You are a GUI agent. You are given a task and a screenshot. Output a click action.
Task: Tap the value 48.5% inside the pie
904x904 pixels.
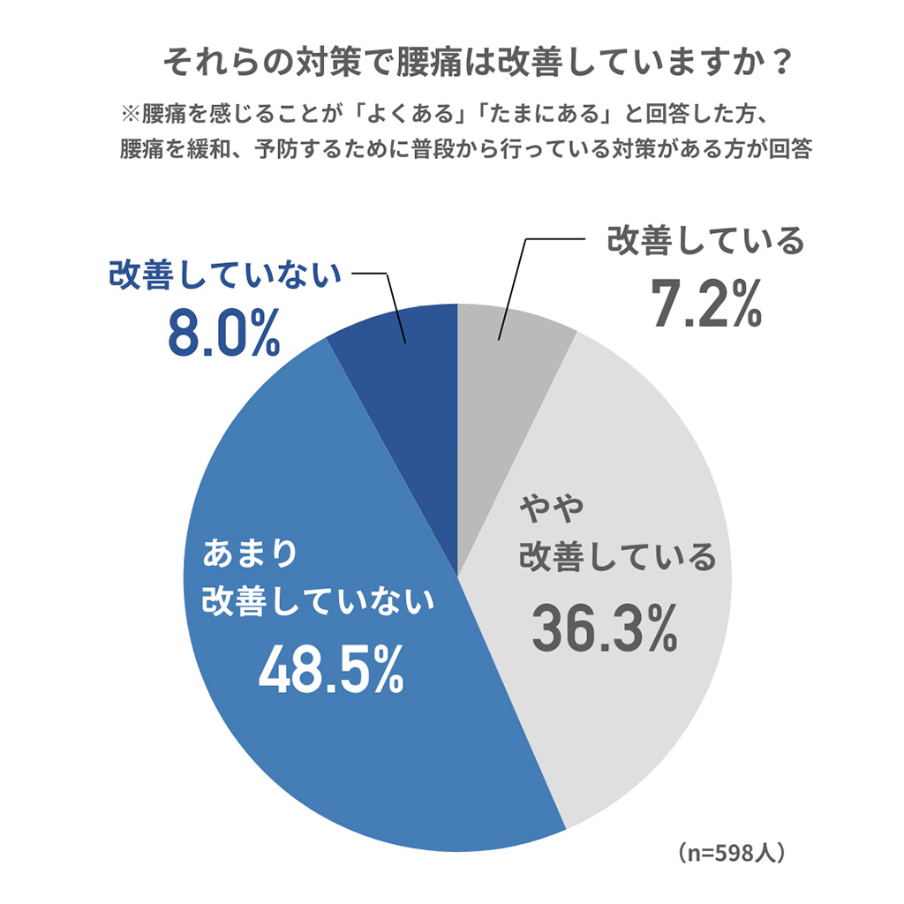[331, 671]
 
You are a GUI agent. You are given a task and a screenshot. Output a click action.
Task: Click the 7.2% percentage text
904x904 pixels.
[706, 305]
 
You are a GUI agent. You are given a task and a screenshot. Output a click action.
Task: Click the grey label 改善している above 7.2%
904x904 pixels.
[705, 240]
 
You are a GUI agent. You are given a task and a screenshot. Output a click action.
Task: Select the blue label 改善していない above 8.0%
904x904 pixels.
[224, 275]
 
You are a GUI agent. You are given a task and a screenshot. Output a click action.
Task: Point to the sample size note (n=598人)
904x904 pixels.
[732, 854]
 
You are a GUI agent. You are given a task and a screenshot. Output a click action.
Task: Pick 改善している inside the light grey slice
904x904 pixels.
[617, 557]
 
